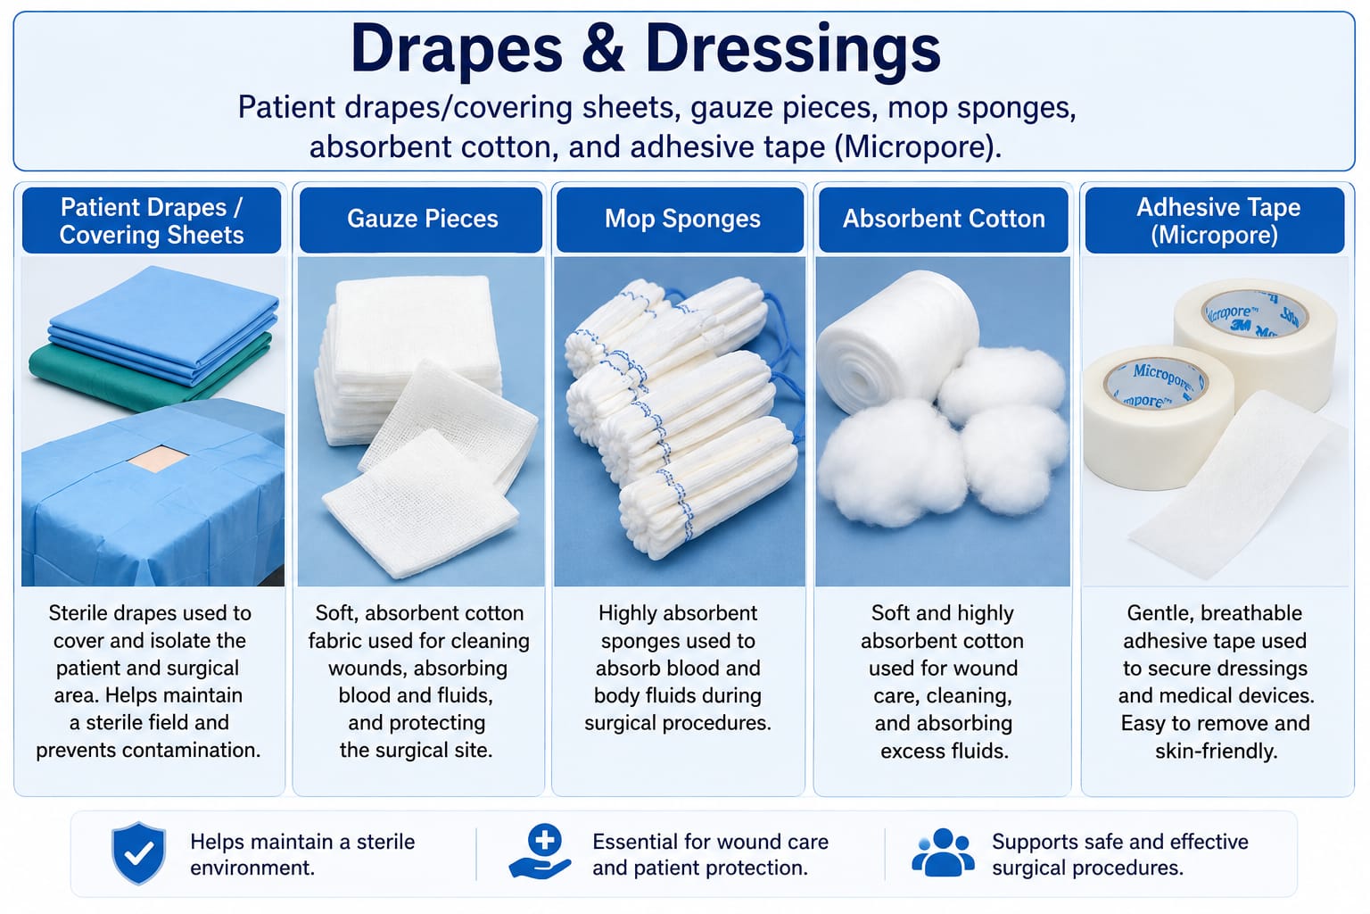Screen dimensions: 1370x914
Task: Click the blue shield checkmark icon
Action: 139,853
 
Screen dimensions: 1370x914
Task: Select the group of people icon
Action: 943,852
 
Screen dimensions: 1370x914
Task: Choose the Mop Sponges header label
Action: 682,220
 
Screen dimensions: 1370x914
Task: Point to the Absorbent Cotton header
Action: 944,220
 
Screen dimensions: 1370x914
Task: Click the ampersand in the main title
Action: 603,49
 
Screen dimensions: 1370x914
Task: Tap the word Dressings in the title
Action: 793,53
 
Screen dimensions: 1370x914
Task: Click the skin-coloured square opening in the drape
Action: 158,458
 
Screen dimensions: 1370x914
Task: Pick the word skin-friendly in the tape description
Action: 1216,752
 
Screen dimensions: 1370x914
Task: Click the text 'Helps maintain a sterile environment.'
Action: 302,854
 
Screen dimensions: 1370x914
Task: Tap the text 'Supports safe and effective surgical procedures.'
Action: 1120,854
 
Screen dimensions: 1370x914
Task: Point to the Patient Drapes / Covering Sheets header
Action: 151,221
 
